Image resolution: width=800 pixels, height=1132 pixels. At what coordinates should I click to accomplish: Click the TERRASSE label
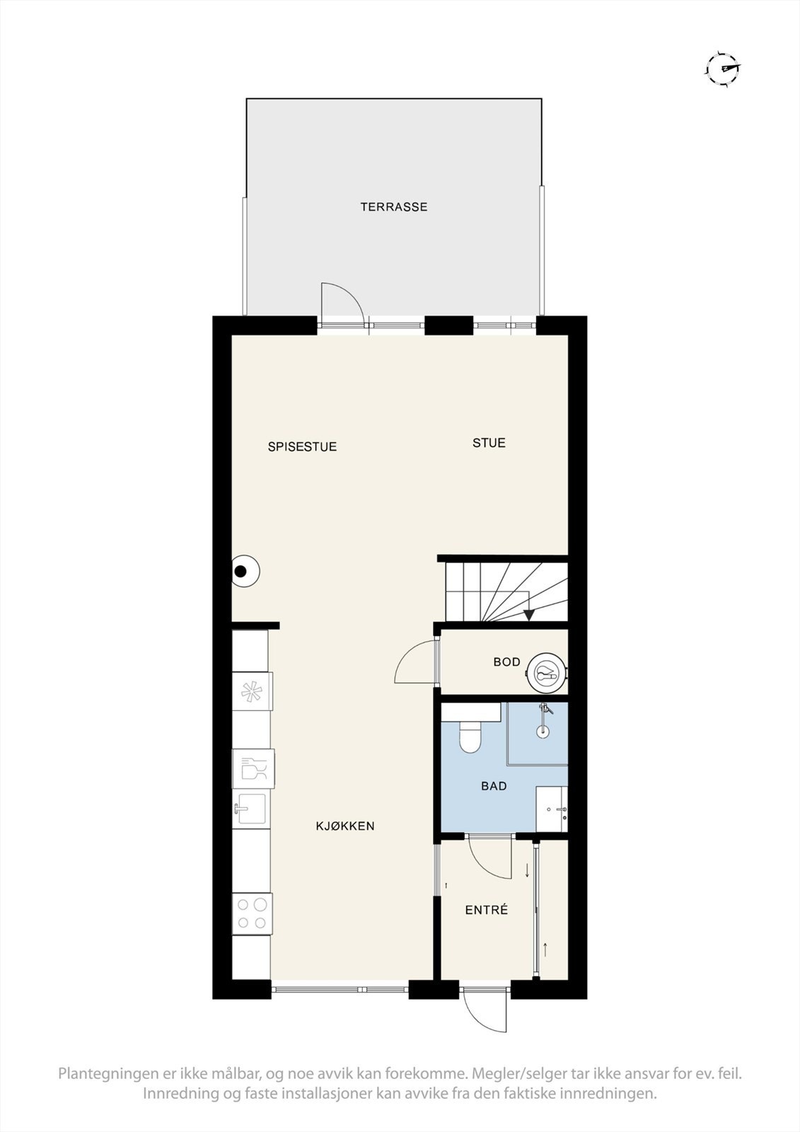[393, 207]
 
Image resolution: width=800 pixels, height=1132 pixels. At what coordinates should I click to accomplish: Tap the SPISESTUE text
[302, 447]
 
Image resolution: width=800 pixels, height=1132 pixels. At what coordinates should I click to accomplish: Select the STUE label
[489, 443]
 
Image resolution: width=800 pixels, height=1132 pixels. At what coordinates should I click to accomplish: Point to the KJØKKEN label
[344, 826]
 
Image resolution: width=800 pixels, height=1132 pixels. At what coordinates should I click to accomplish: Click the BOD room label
[506, 662]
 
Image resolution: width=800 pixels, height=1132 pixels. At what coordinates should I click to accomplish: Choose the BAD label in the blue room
[494, 786]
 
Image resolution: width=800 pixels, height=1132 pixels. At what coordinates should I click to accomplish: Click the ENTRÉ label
[486, 911]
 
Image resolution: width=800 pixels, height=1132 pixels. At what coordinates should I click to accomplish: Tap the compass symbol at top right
[722, 69]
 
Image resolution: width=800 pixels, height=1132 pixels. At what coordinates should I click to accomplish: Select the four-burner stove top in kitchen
[253, 913]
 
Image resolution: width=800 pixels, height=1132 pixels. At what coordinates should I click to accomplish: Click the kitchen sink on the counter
[250, 809]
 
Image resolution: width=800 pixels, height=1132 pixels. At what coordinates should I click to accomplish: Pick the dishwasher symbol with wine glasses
[253, 768]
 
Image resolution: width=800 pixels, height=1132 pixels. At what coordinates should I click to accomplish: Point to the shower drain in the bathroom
[543, 732]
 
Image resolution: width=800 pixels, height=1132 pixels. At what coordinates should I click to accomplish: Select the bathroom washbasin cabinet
[552, 808]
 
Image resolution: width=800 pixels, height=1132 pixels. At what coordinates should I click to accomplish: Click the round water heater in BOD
[546, 672]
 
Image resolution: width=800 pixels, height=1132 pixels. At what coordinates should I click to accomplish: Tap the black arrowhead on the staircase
[528, 614]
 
